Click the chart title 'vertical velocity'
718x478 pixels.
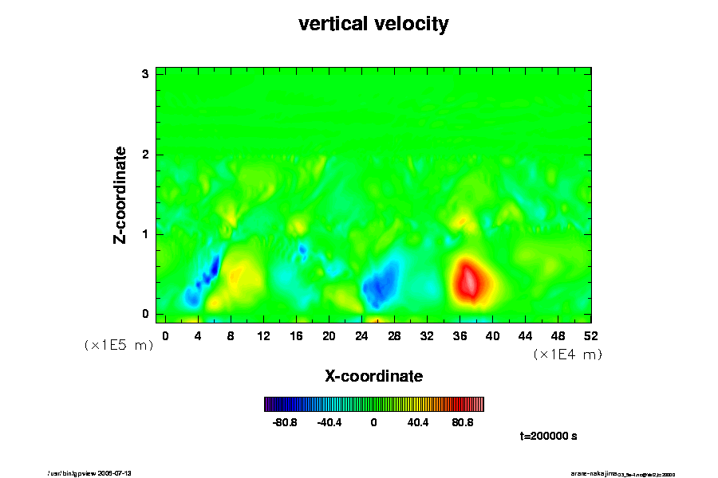pyautogui.click(x=373, y=24)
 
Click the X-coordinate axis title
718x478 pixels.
pyautogui.click(x=373, y=375)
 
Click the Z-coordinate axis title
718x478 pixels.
pyautogui.click(x=120, y=194)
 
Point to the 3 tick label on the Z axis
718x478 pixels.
pyautogui.click(x=146, y=74)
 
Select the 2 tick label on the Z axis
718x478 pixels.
pyautogui.click(x=146, y=155)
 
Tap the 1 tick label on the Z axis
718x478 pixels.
pyautogui.click(x=146, y=234)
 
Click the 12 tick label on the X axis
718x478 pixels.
pyautogui.click(x=263, y=335)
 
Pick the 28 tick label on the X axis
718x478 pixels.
pyautogui.click(x=394, y=335)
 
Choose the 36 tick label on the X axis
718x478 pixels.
pyautogui.click(x=460, y=335)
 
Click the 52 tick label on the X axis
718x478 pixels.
pyautogui.click(x=590, y=335)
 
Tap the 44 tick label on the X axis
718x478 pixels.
pyautogui.click(x=525, y=335)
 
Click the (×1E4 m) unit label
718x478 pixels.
pyautogui.click(x=567, y=355)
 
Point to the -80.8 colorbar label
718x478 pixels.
pyautogui.click(x=285, y=422)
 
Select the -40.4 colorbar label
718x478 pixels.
pyautogui.click(x=329, y=422)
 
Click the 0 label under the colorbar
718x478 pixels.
pyautogui.click(x=373, y=422)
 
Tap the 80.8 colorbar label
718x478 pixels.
pyautogui.click(x=463, y=422)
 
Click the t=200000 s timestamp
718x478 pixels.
pyautogui.click(x=548, y=437)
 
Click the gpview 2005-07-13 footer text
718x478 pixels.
pyautogui.click(x=101, y=472)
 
